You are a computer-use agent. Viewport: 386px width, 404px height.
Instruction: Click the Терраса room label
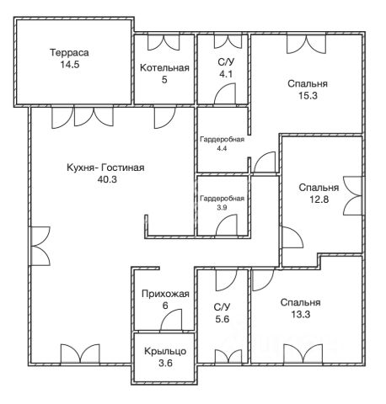(x=69, y=52)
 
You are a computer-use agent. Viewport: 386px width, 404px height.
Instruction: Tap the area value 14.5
(x=70, y=65)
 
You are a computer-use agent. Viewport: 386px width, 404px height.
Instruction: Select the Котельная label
(x=164, y=67)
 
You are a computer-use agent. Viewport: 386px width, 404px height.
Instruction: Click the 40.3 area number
(x=107, y=179)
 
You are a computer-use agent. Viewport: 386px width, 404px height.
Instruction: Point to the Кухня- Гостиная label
(x=105, y=167)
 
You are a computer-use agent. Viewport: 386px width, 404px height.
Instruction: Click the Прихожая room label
(x=165, y=294)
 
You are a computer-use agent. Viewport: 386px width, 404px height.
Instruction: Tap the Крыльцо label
(x=165, y=351)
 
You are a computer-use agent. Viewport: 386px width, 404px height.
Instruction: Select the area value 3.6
(x=165, y=363)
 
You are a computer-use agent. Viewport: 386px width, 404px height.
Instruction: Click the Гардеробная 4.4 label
(x=222, y=144)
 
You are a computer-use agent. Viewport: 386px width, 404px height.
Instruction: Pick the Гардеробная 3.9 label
(x=222, y=203)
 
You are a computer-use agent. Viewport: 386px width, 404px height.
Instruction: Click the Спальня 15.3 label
(x=308, y=89)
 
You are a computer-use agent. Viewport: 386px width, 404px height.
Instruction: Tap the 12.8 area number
(x=319, y=199)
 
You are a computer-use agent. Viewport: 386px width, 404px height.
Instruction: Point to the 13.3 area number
(x=300, y=314)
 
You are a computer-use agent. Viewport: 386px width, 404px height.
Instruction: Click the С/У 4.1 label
(x=226, y=68)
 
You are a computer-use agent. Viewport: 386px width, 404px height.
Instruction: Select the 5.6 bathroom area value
(x=222, y=319)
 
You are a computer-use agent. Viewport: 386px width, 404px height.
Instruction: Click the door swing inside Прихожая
(x=171, y=320)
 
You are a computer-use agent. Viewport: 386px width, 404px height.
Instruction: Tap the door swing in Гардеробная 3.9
(x=227, y=225)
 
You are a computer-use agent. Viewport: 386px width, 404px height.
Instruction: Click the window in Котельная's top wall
(x=164, y=42)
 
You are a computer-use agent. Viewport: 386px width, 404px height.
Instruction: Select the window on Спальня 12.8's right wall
(x=353, y=196)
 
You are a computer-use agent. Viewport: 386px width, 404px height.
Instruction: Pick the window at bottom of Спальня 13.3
(x=303, y=353)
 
